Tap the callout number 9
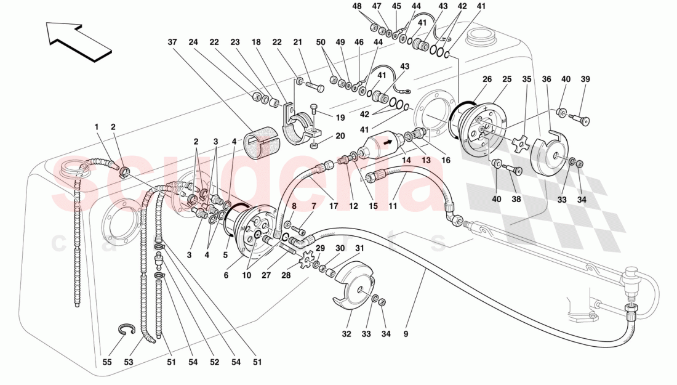click(406, 334)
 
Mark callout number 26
click(487, 80)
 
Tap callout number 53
click(128, 362)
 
